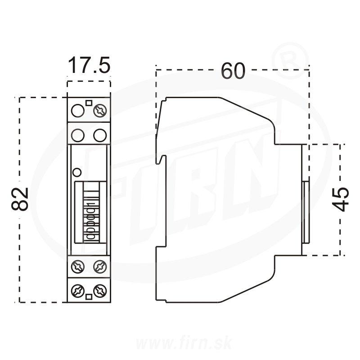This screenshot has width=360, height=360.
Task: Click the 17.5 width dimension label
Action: [89, 66]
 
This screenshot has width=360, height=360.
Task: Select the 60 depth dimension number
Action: [233, 71]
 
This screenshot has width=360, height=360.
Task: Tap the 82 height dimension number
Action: [21, 199]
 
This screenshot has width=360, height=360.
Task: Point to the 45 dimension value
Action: [342, 199]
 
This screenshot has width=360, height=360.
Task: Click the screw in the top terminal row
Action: [99, 110]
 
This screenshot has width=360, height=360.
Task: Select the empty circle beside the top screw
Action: [79, 110]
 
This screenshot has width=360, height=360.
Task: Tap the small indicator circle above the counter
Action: [77, 171]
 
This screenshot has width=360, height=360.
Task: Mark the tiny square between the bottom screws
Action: [89, 297]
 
